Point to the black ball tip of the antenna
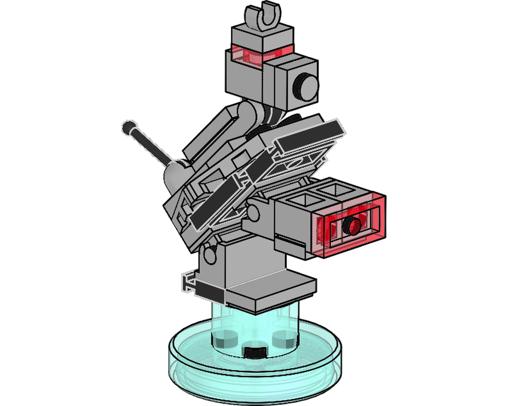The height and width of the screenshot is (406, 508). pyautogui.click(x=127, y=126)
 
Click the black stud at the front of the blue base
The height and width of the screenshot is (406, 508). pyautogui.click(x=254, y=352)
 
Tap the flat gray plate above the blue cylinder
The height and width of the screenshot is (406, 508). pyautogui.click(x=269, y=292)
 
